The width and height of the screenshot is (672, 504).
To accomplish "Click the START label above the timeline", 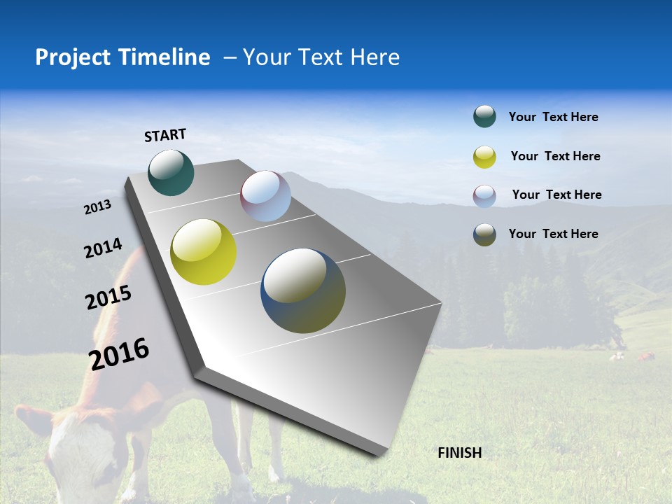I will (165, 135).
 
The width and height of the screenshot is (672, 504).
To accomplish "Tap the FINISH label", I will (459, 453).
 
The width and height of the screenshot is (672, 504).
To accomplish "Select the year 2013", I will (97, 207).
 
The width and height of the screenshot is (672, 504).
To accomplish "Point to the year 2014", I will (103, 248).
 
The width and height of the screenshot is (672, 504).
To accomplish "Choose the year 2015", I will (108, 297).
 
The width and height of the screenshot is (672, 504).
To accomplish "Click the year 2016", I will (118, 354).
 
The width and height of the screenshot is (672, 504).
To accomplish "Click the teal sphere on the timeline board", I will (171, 172).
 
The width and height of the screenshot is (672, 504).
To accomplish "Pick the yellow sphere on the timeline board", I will (203, 252).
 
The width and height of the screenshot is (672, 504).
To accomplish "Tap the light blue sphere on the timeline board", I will (265, 196).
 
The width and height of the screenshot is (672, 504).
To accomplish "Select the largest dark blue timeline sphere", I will (303, 290).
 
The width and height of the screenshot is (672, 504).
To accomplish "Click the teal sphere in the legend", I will (484, 117).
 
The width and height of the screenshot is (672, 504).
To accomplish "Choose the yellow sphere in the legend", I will (484, 157).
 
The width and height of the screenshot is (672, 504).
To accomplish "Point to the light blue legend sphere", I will (484, 195).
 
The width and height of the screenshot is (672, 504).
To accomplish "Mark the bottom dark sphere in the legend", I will (484, 234).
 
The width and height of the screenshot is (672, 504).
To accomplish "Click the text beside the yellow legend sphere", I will (555, 156).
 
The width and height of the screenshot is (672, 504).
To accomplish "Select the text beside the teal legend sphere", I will (553, 117).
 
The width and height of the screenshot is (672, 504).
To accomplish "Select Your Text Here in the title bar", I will (321, 57).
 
